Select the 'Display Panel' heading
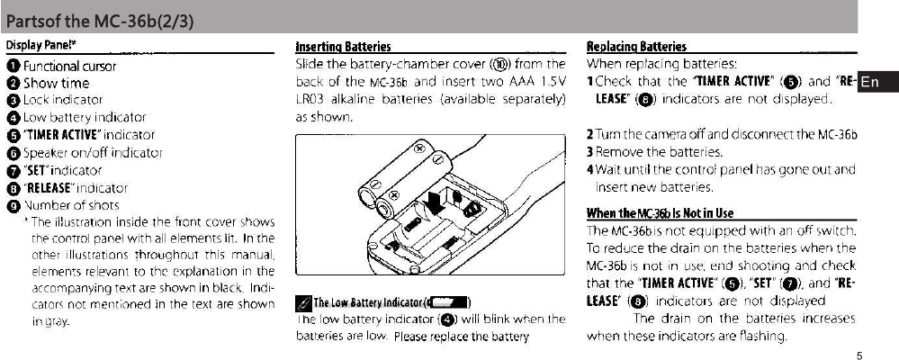40,46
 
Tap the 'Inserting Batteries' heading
343,46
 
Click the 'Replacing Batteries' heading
636,46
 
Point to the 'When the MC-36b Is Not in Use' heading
660,213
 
